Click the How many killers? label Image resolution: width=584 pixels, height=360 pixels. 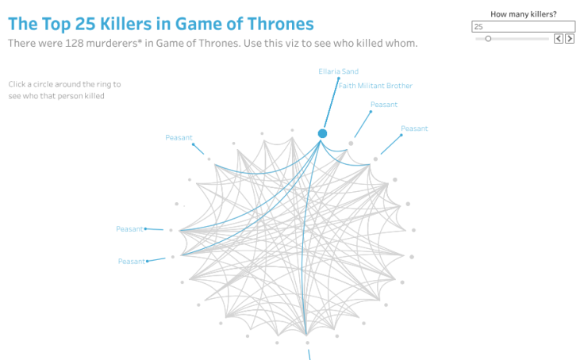coord(524,14)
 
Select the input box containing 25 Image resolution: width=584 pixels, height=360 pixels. coord(524,27)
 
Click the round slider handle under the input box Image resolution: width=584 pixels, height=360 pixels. coord(488,38)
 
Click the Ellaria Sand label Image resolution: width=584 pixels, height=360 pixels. coord(339,71)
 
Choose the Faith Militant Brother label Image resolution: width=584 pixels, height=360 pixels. coord(376,86)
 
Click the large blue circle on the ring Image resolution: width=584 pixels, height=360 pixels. coord(323,133)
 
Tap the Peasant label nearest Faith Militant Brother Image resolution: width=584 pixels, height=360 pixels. coord(384,105)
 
